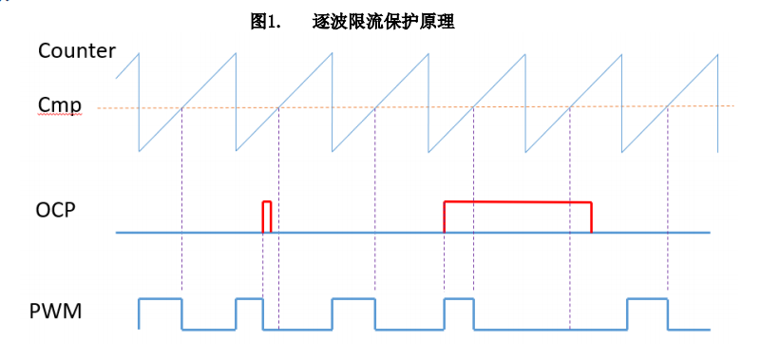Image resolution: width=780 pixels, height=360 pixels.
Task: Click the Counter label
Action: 77,50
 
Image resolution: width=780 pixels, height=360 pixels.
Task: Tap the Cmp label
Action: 59,104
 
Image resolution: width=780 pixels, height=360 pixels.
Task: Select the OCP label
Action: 56,210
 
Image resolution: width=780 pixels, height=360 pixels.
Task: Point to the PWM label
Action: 56,311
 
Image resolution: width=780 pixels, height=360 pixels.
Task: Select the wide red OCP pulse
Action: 518,202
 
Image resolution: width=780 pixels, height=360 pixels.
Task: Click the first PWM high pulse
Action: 161,299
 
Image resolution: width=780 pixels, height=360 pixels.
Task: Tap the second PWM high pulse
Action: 249,299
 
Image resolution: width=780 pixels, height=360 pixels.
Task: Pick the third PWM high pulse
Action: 353,299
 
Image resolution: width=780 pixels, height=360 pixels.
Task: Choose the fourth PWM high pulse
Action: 459,299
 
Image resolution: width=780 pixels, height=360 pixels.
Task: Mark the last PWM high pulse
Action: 647,299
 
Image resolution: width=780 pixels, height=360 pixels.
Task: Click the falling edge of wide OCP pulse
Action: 591,218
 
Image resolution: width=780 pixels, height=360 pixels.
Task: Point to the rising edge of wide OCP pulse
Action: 444,217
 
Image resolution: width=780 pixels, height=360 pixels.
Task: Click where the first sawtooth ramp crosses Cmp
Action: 182,107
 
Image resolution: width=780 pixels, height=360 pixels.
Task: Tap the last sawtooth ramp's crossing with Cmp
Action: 668,106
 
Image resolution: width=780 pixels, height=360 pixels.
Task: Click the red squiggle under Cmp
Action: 59,114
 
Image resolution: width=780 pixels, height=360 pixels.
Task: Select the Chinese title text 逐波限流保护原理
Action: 383,22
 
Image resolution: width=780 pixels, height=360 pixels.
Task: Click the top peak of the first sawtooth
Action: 140,53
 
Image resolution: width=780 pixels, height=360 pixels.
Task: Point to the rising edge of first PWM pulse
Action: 139,313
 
